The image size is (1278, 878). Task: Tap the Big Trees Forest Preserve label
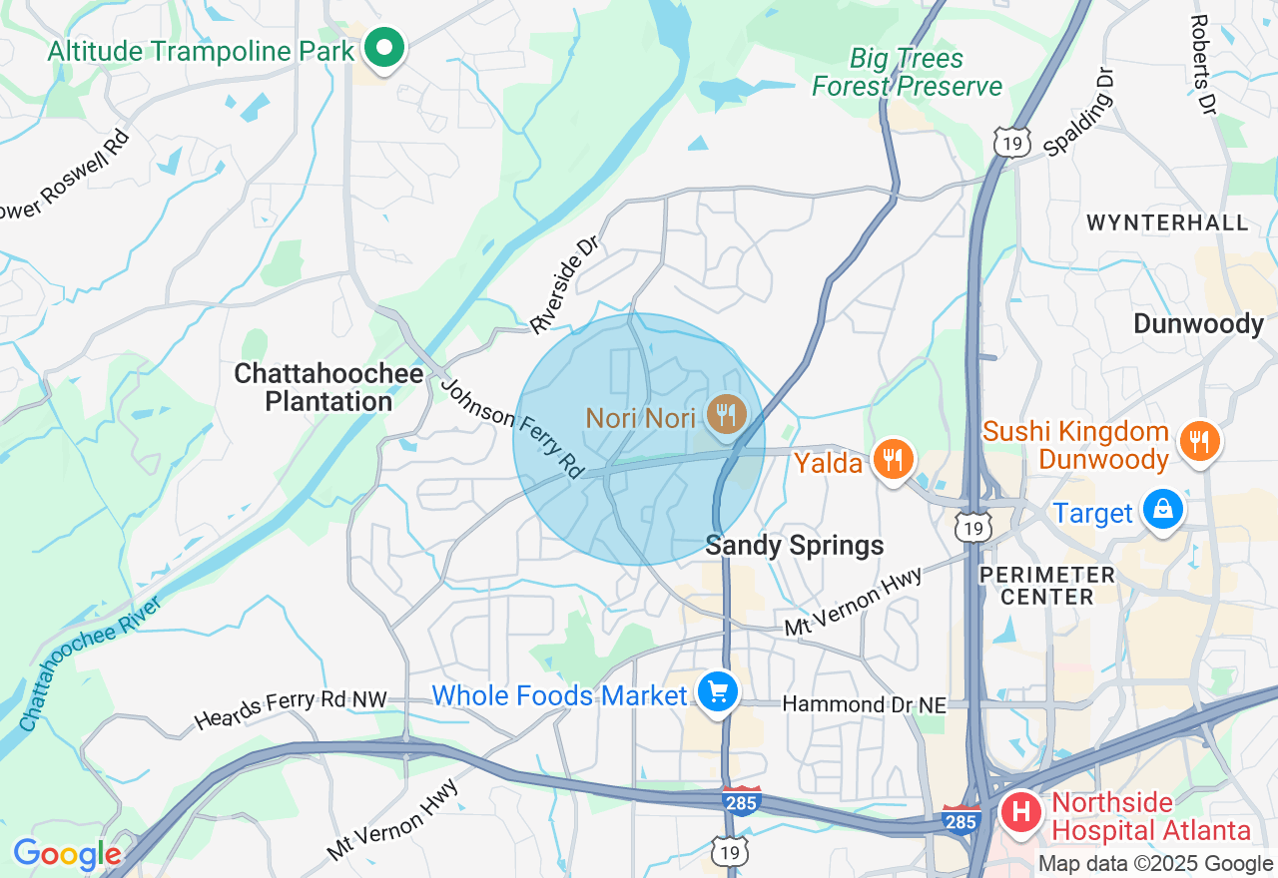907,73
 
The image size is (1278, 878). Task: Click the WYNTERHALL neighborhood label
1167,222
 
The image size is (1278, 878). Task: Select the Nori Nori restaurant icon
726,413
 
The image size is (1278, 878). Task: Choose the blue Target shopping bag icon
1162,510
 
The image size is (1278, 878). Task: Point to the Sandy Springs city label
795,546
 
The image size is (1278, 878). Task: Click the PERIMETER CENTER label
1046,586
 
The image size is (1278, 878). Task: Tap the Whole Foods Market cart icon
717,691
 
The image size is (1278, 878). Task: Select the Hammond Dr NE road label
864,704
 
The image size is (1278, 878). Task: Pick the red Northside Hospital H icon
1020,811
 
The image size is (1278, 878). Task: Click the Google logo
66,854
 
